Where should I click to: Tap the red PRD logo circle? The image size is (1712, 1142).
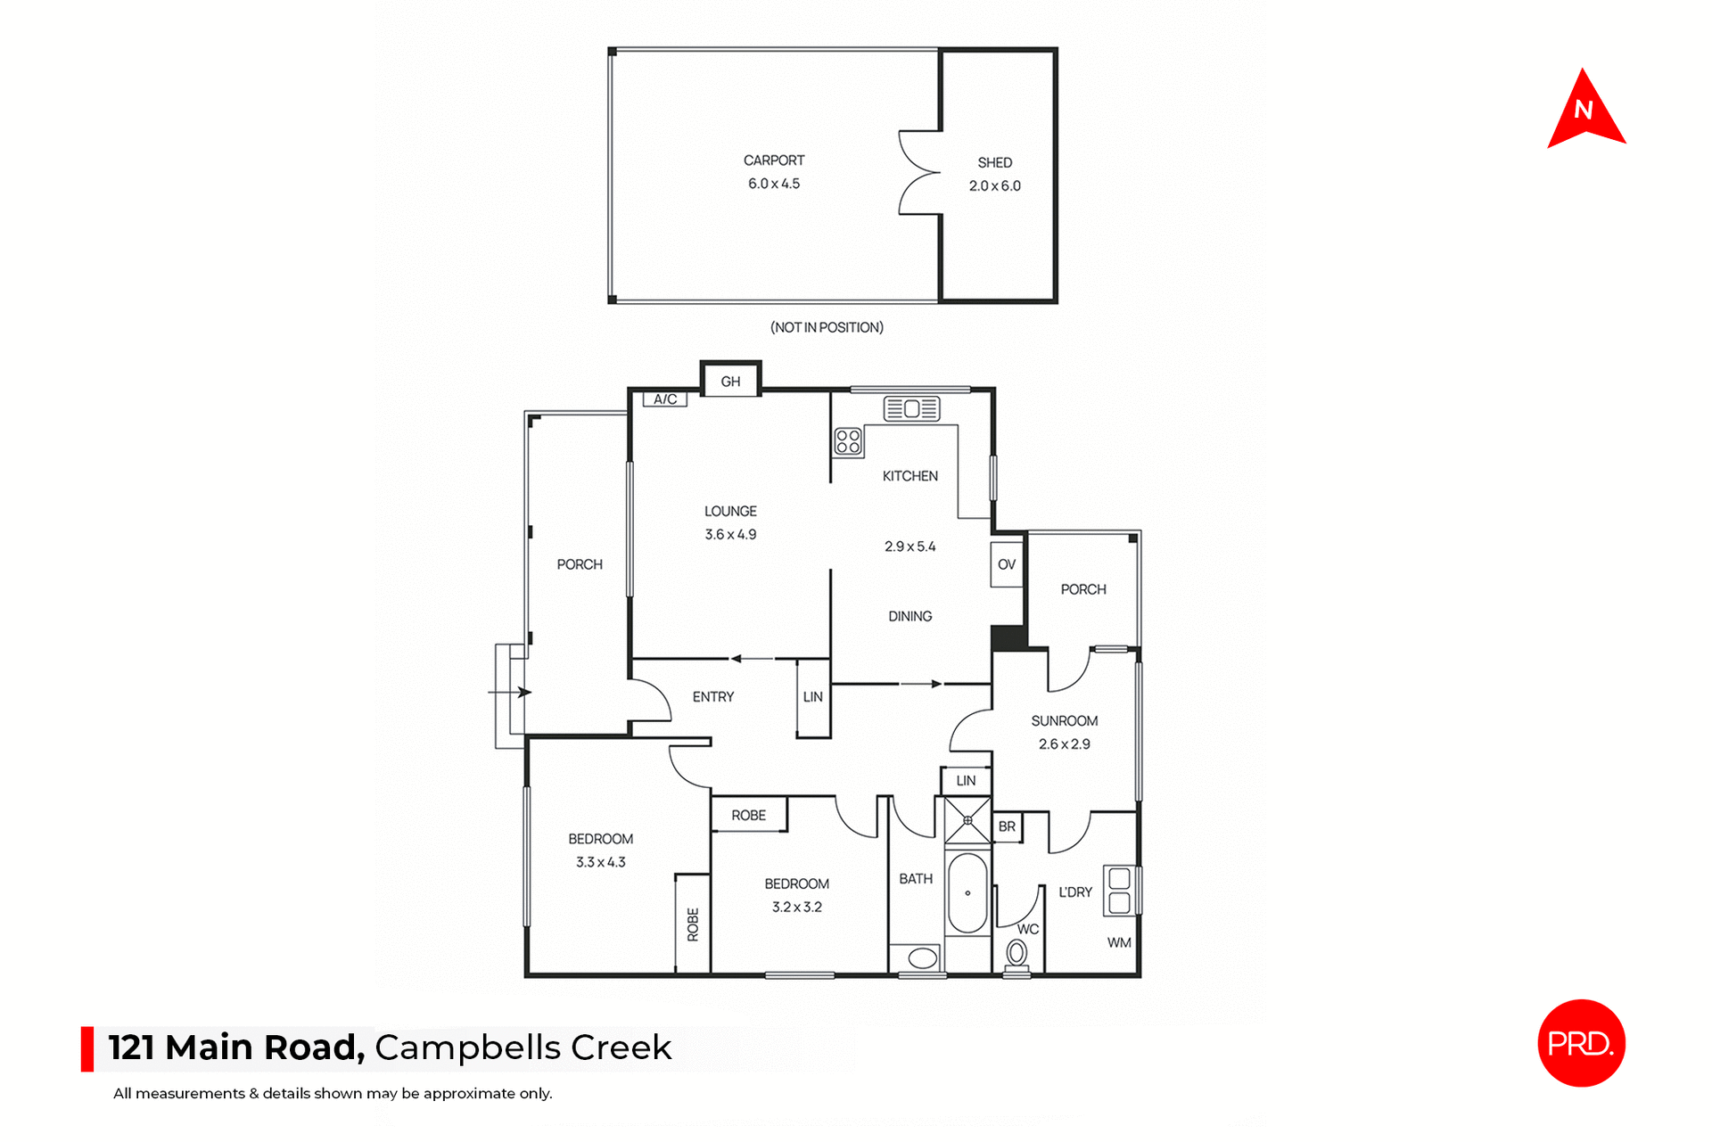tap(1581, 1042)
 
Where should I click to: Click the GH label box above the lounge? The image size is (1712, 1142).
tap(730, 382)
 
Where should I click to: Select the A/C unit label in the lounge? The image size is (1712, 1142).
tap(665, 399)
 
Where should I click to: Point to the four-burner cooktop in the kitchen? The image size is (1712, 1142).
tap(848, 441)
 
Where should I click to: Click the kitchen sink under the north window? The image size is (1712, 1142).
tap(911, 408)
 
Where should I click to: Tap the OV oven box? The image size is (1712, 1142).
tap(1006, 564)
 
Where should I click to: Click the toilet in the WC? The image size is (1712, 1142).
tap(1017, 954)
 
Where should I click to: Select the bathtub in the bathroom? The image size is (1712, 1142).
tap(967, 893)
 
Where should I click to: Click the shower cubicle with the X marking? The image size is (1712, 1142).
tap(967, 820)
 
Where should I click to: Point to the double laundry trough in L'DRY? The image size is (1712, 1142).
tap(1119, 891)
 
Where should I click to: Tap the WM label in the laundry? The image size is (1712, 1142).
tap(1119, 942)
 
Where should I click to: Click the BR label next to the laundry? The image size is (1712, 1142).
tap(1007, 826)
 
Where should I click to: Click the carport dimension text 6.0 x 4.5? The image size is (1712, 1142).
tap(774, 184)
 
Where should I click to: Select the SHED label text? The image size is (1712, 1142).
tap(994, 162)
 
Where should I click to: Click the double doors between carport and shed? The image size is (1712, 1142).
tap(918, 173)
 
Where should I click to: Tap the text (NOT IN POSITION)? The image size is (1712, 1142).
tap(827, 327)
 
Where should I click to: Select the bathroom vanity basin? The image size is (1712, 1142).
tap(922, 958)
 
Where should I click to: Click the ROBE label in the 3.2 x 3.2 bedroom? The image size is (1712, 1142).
tap(748, 815)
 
